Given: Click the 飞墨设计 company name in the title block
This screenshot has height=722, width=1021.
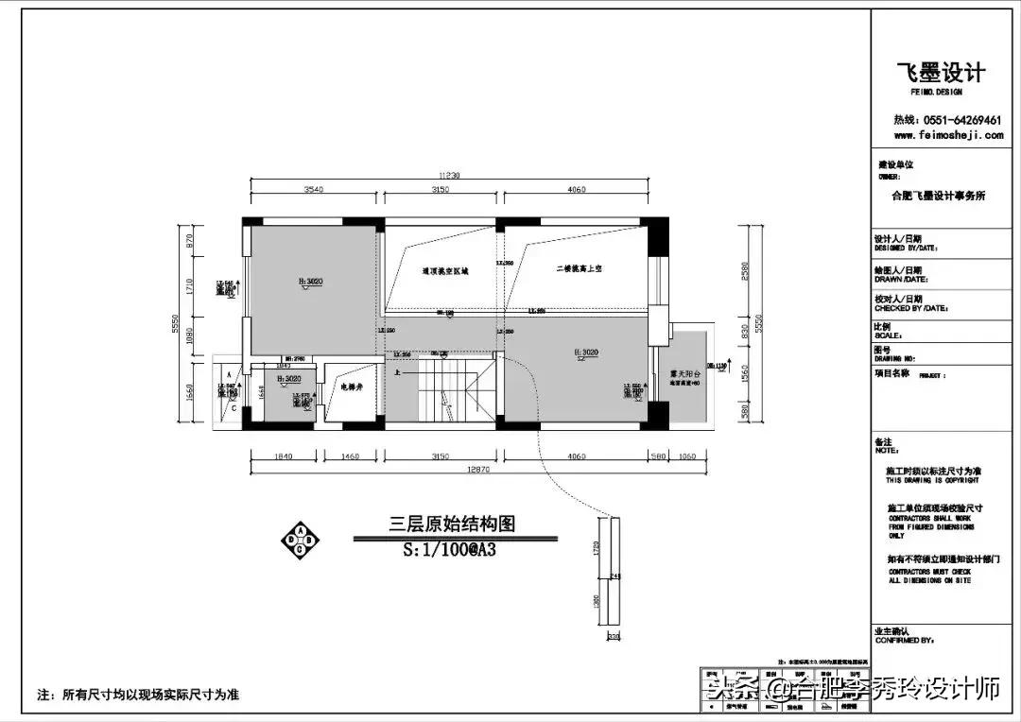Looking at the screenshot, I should pyautogui.click(x=940, y=73).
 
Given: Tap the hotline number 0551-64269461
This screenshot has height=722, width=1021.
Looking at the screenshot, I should pyautogui.click(x=947, y=120).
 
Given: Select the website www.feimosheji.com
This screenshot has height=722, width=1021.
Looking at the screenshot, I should pyautogui.click(x=948, y=135).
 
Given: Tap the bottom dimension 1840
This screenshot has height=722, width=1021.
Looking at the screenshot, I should pyautogui.click(x=283, y=456).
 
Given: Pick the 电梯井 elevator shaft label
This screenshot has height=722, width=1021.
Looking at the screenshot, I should pyautogui.click(x=352, y=386).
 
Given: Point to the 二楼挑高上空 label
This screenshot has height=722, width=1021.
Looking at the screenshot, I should pyautogui.click(x=580, y=269).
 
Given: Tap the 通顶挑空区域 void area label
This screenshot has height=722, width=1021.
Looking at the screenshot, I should pyautogui.click(x=444, y=270).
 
